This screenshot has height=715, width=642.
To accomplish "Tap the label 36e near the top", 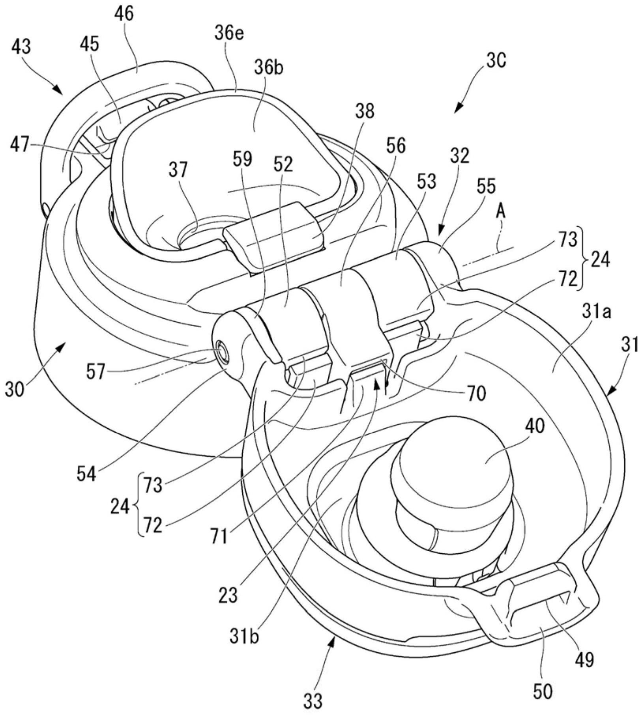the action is (x=229, y=35).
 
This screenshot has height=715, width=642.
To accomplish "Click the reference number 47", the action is (x=20, y=146).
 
